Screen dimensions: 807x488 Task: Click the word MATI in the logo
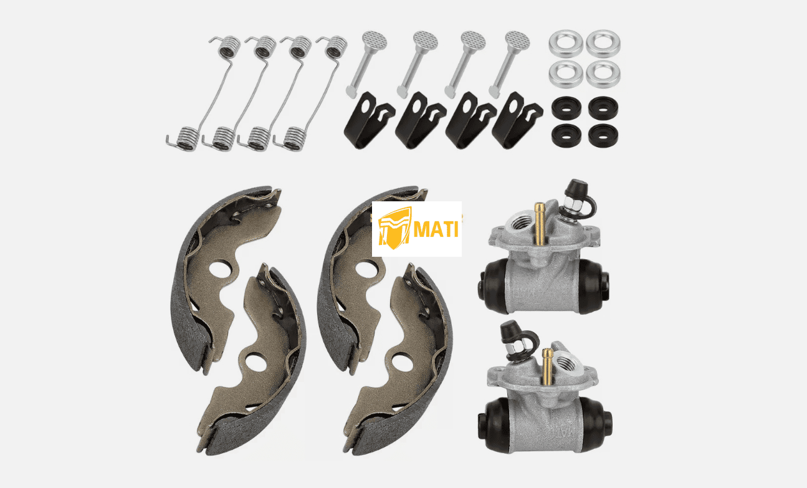436,229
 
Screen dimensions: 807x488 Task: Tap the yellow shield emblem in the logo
394,228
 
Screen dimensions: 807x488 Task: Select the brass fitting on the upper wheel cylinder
539,224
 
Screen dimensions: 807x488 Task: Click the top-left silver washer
566,43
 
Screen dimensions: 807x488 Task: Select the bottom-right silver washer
603,74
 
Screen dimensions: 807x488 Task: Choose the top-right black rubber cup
603,107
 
